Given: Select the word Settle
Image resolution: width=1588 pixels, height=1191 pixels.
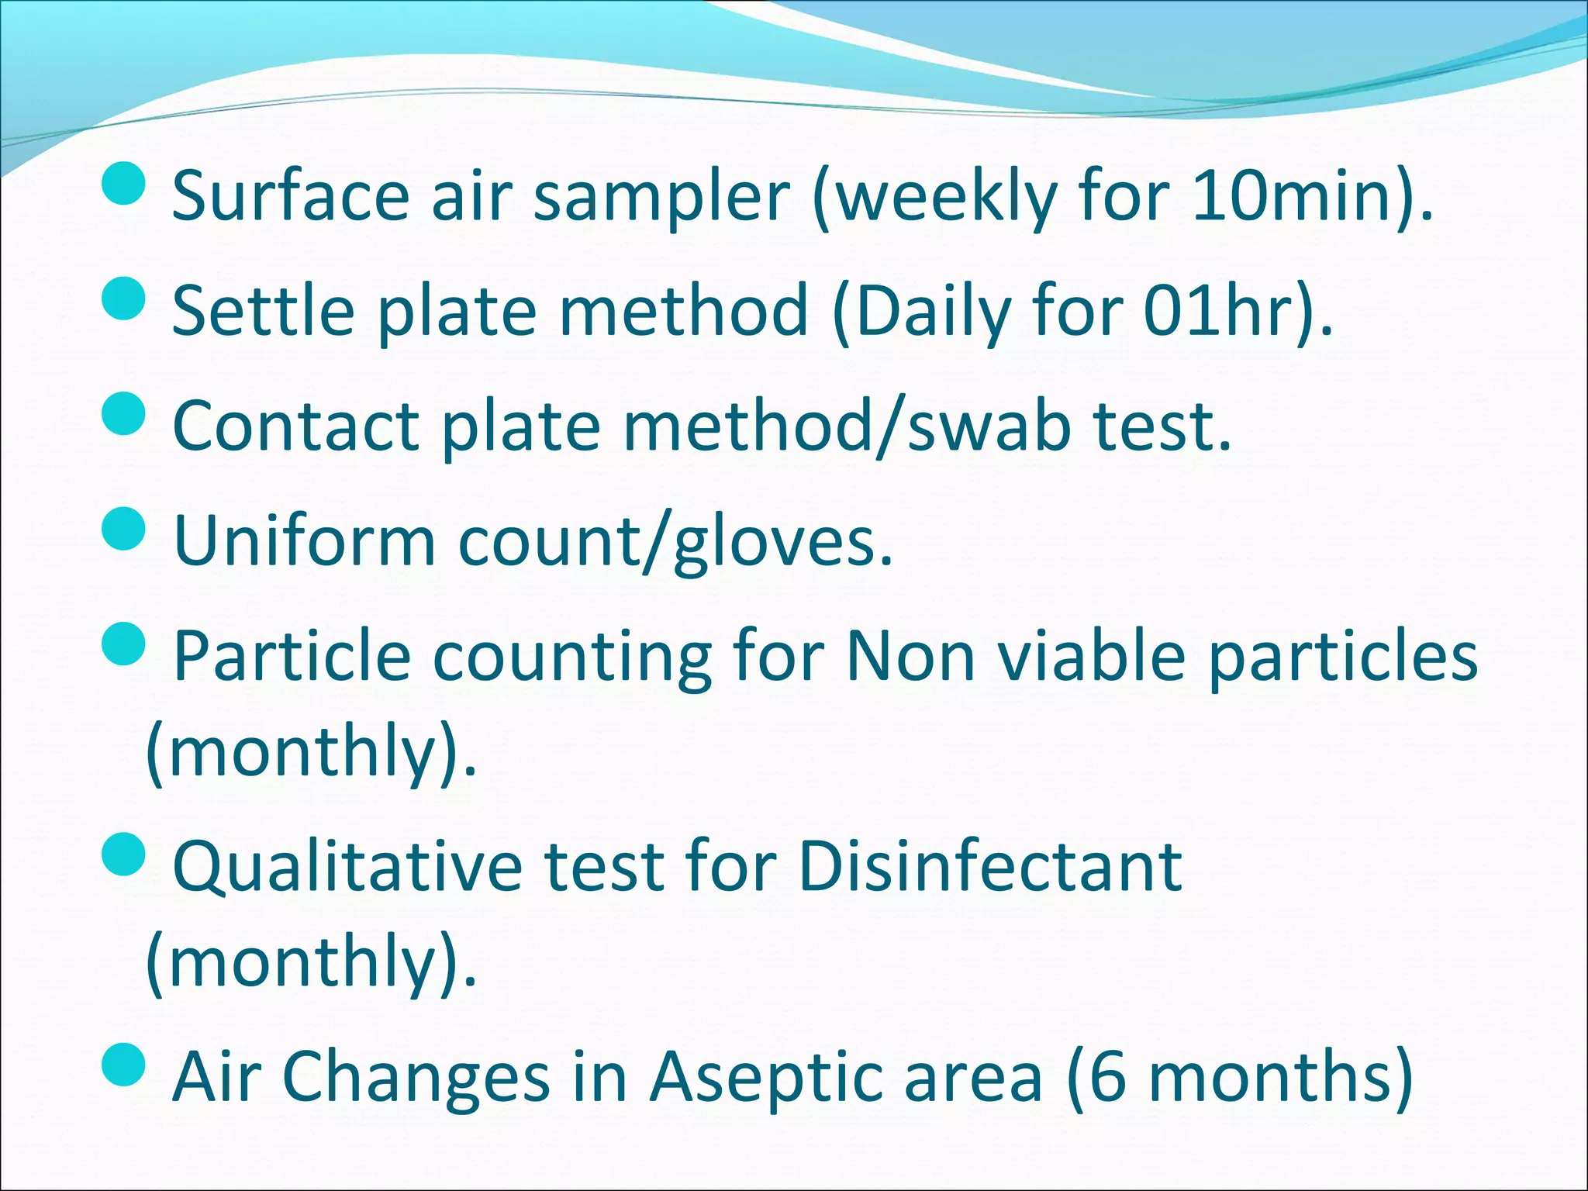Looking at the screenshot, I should (x=263, y=311).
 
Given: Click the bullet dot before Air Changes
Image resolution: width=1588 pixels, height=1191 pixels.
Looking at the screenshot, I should (x=124, y=1065).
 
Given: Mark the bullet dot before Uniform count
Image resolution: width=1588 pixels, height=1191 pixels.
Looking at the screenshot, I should (x=124, y=529).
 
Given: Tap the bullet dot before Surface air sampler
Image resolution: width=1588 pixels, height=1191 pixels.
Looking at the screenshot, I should (x=124, y=183).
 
